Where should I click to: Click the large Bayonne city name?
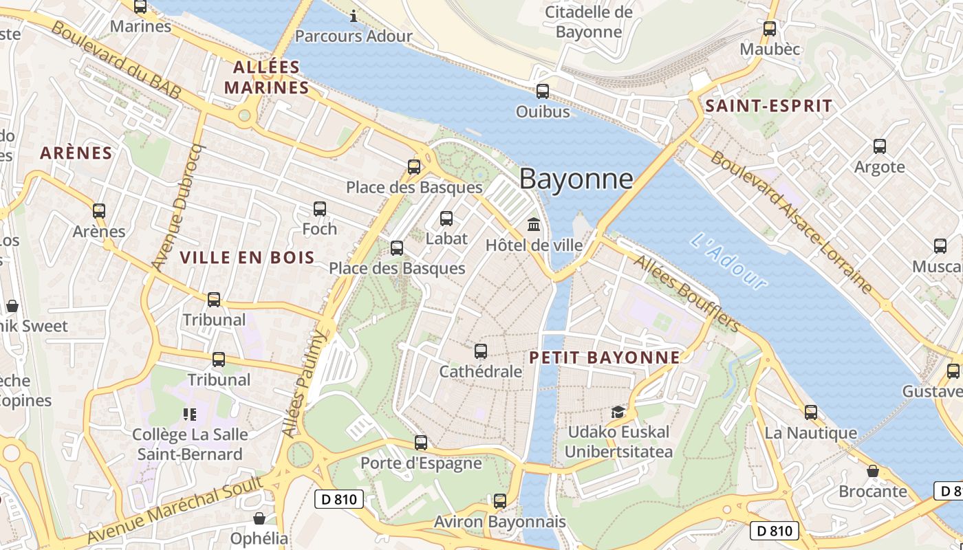576,179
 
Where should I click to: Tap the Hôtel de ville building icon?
534,224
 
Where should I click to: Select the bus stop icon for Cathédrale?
481,351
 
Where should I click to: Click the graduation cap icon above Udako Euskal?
618,412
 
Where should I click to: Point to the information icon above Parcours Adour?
354,15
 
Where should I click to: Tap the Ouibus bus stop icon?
542,91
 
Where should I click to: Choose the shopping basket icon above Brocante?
872,471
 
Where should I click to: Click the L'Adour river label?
728,262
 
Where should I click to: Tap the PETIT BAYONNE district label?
605,357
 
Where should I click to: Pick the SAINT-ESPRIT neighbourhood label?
768,106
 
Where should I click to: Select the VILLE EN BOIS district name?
247,258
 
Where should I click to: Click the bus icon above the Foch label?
320,209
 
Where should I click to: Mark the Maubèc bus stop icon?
769,29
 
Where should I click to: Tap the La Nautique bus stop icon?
811,412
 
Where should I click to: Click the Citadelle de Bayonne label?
588,22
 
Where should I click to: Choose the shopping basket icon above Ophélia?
259,518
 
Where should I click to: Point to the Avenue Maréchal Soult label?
175,508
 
